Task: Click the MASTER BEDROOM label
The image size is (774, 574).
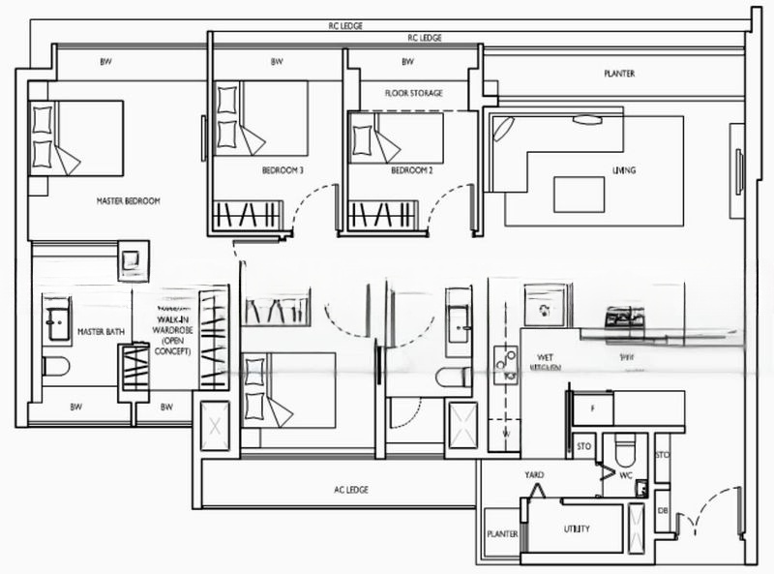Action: point(128,201)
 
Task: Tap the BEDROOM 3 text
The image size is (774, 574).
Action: point(283,170)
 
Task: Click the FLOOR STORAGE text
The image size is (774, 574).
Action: point(413,93)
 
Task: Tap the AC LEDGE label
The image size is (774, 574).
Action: point(349,490)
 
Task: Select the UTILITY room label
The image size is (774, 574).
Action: point(577,529)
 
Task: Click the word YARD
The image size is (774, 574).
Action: point(534,475)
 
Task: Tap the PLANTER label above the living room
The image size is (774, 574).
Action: point(619,74)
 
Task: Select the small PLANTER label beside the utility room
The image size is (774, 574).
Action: point(502,533)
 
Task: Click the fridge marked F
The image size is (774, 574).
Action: point(590,407)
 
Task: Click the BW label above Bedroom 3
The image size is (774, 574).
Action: point(277,62)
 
